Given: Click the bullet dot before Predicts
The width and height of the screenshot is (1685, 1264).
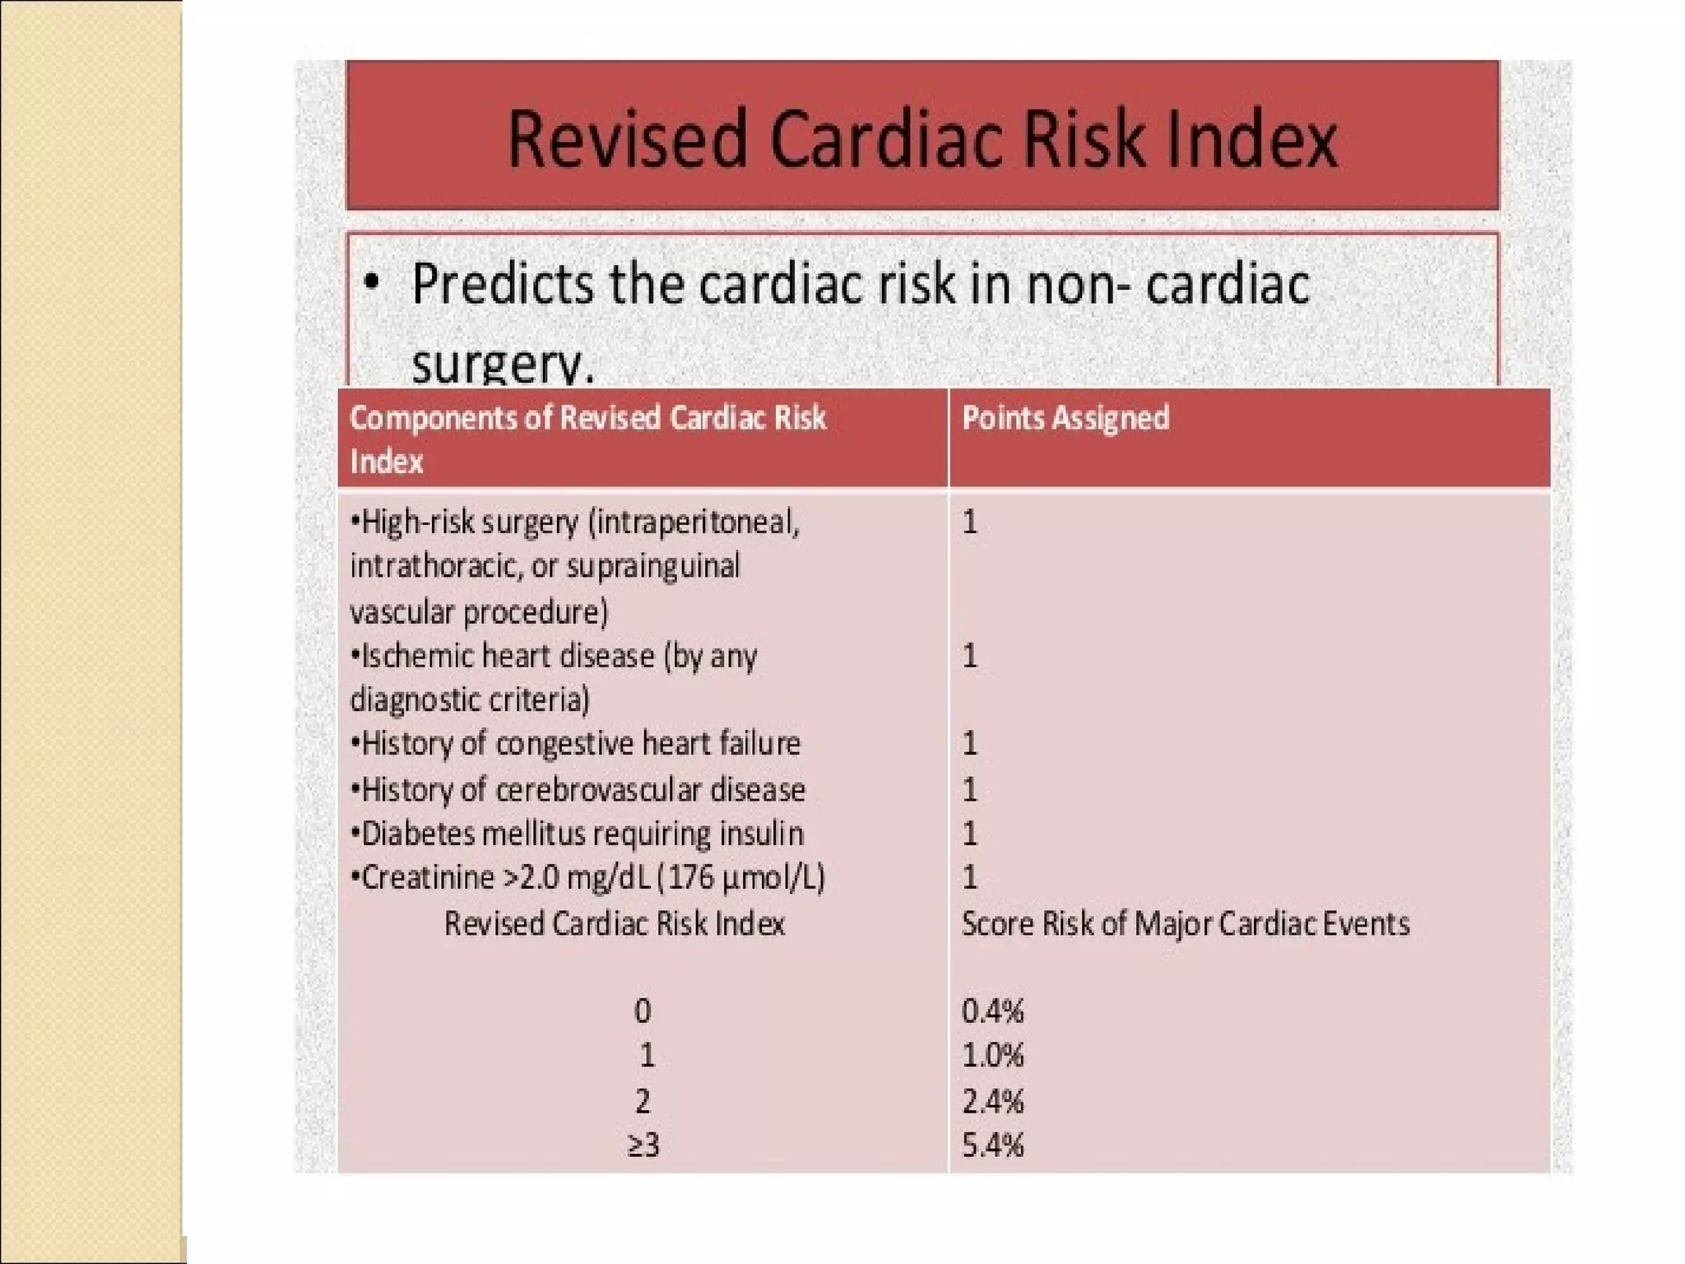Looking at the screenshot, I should coord(372,282).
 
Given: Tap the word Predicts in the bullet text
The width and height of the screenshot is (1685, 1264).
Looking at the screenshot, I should coord(503,284).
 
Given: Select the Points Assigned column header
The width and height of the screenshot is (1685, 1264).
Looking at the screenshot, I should coord(1065,418).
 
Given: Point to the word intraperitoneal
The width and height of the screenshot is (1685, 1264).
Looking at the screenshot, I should coord(695,522).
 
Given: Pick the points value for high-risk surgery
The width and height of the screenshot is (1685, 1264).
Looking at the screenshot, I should coord(970,522).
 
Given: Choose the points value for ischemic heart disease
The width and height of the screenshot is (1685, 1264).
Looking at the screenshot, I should coord(970,656).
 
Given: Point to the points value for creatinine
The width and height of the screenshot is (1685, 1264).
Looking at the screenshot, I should coord(970,877).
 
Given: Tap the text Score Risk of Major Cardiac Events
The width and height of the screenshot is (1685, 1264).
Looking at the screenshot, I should coord(1185,923).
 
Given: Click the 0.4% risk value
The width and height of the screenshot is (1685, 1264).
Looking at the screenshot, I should coord(992,1011).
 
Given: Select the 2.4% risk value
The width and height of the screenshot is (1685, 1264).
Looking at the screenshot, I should coord(992,1101).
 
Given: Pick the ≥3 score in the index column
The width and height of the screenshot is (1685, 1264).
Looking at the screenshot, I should coord(643,1145).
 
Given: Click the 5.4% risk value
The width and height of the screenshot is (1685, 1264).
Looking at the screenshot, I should coord(992,1145).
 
